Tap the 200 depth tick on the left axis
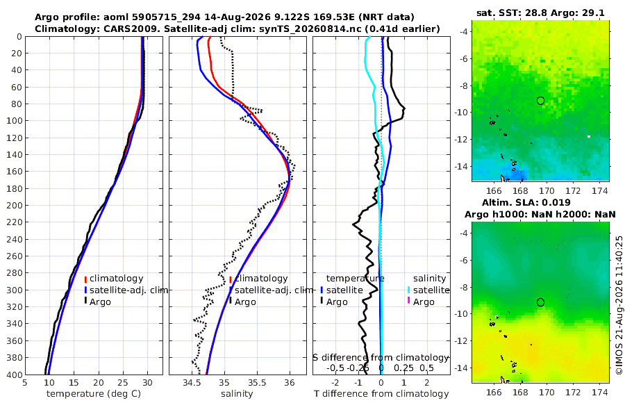tap(17, 205)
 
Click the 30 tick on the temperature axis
tap(147, 383)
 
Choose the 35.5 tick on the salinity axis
tap(257, 383)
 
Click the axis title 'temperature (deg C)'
tap(94, 394)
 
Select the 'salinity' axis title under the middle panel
tap(237, 394)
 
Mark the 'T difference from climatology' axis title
tap(381, 394)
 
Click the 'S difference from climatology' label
tap(381, 358)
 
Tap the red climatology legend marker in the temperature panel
tap(85, 279)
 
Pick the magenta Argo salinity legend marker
tap(409, 301)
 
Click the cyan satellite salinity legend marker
tap(409, 290)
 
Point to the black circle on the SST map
tap(540, 101)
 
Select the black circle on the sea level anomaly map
tap(540, 302)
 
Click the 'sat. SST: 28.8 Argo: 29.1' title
tap(540, 13)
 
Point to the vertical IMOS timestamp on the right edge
tap(619, 305)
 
